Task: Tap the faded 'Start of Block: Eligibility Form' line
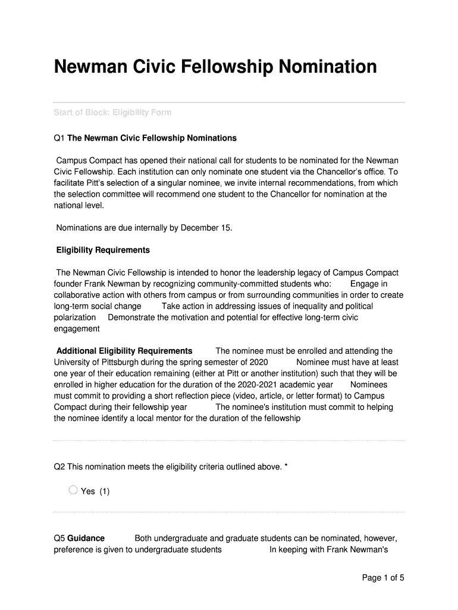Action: tap(112, 112)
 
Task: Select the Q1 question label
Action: tap(59, 138)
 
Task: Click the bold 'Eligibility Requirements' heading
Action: tap(103, 250)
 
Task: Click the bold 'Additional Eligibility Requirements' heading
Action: tap(124, 351)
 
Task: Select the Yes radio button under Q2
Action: tap(73, 490)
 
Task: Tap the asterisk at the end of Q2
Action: tap(286, 467)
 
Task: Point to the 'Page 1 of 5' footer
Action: tap(383, 578)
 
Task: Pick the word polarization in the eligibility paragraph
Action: tap(75, 318)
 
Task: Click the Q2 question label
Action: tap(59, 467)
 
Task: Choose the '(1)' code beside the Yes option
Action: tap(104, 491)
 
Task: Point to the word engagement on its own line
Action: tap(77, 329)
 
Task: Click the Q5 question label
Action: tap(59, 539)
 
